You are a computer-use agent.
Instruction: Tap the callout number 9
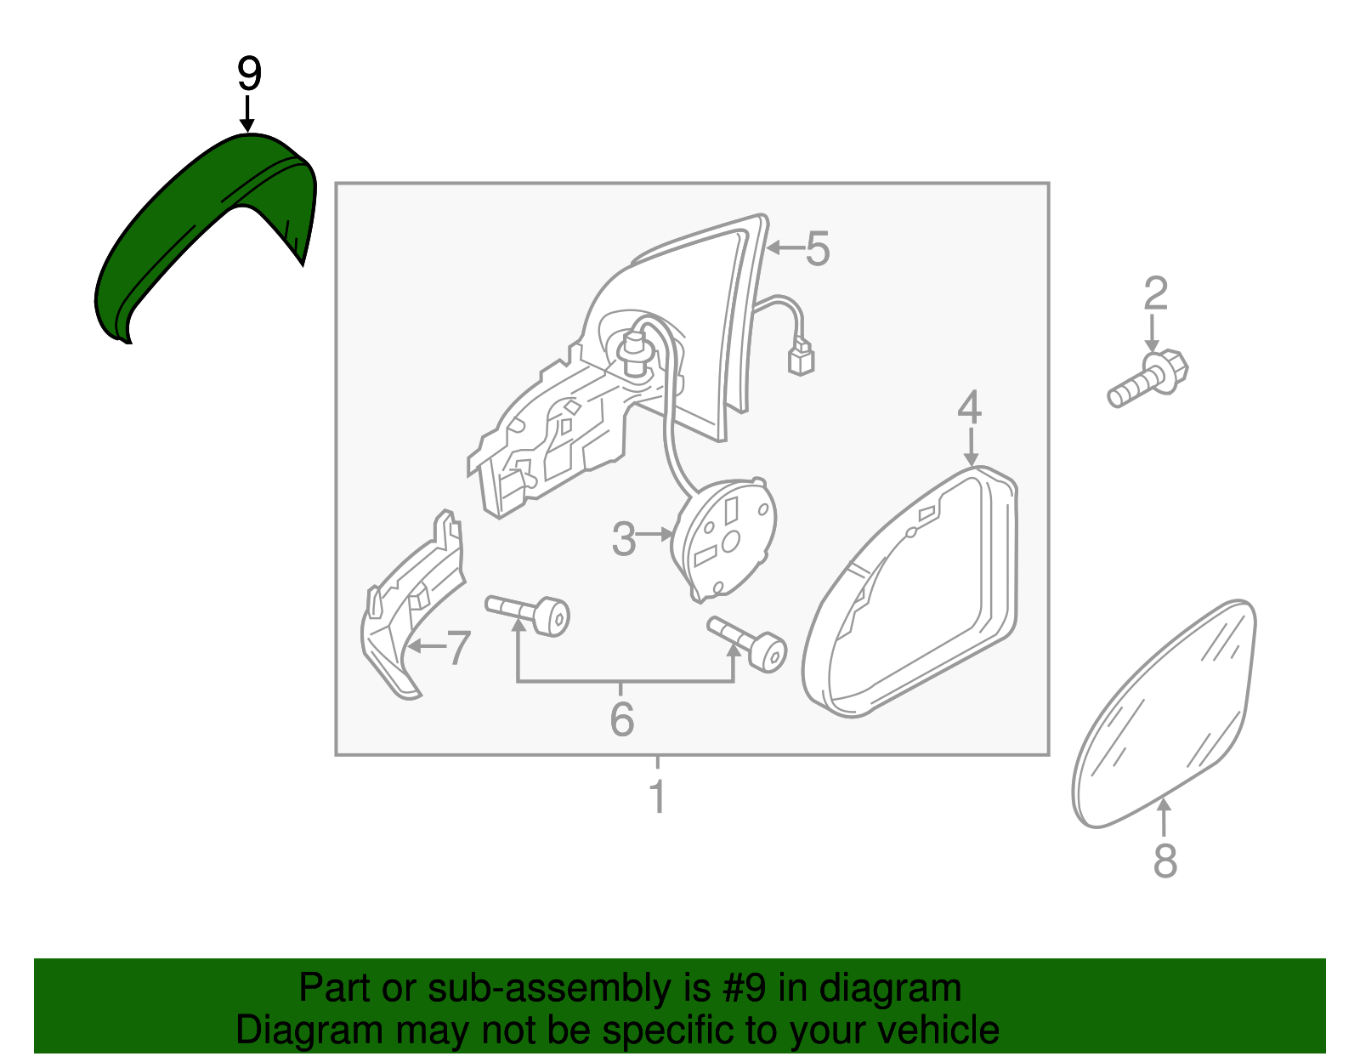[x=248, y=75]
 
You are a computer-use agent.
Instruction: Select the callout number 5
[x=817, y=249]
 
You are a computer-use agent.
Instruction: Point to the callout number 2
[x=1155, y=294]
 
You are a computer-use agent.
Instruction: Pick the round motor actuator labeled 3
[x=725, y=537]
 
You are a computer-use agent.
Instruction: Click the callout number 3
[x=624, y=540]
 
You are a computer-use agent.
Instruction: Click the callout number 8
[x=1164, y=860]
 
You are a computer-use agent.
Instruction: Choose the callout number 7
[x=458, y=649]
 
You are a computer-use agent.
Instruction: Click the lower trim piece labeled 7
[x=408, y=612]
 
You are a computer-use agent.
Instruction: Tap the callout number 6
[x=621, y=719]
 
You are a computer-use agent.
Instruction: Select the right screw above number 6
[x=748, y=644]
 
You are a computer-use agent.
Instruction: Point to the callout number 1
[x=656, y=798]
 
